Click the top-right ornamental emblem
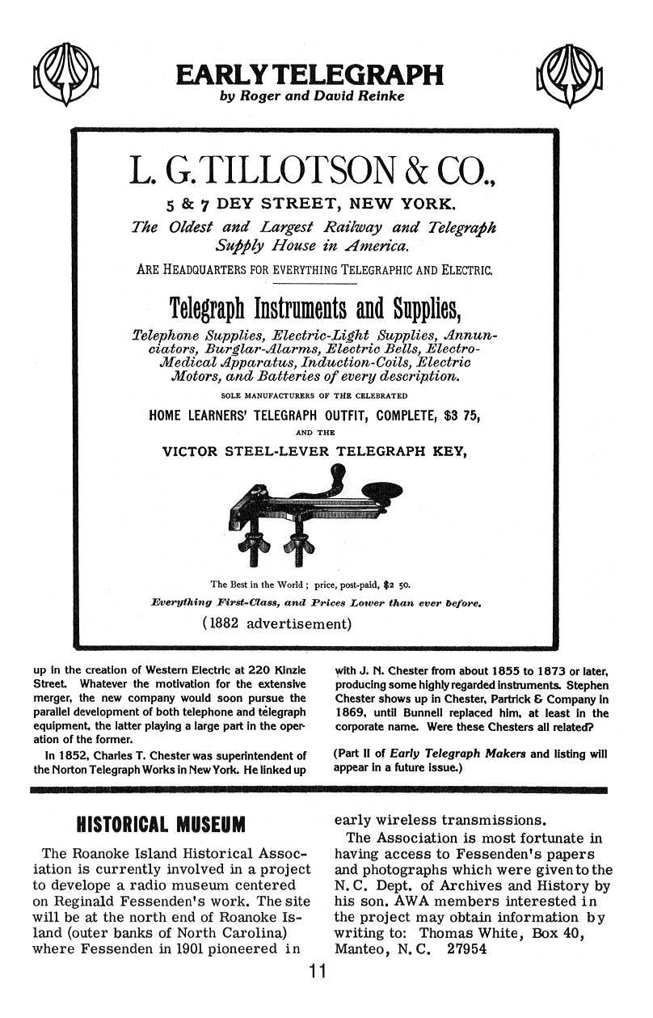click(570, 77)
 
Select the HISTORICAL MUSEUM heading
click(159, 825)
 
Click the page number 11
click(317, 973)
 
